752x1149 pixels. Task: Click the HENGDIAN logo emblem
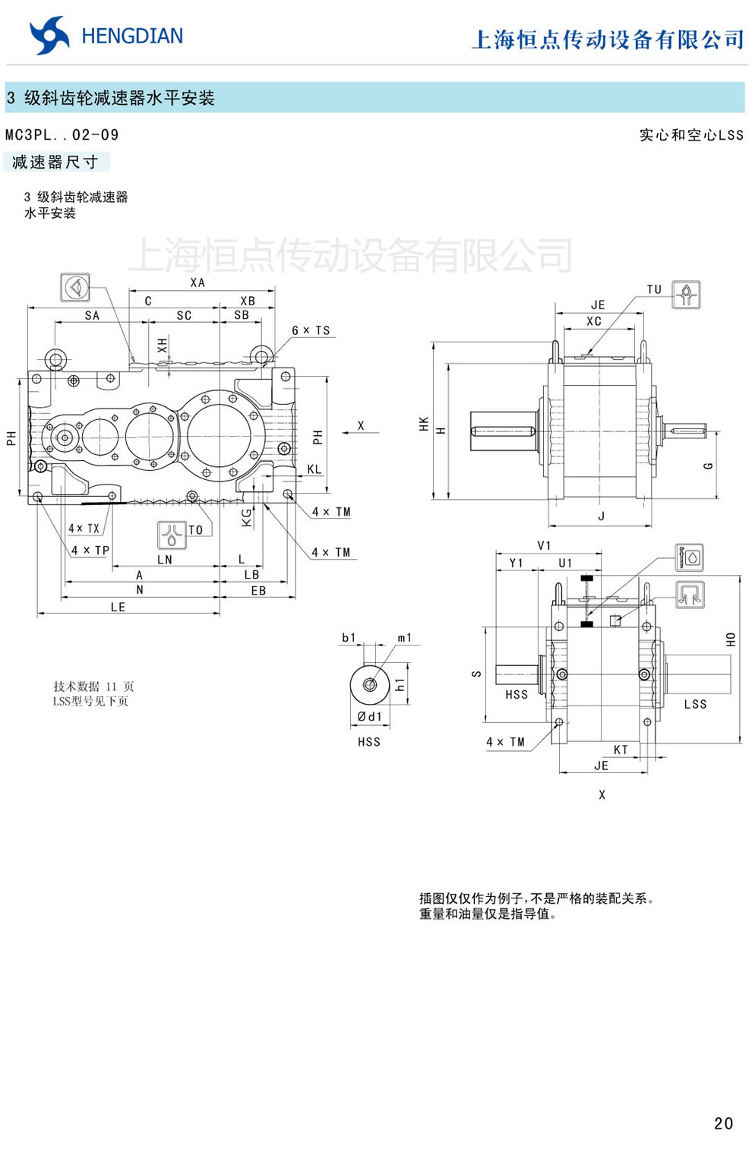[49, 36]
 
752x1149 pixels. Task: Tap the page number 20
[723, 1123]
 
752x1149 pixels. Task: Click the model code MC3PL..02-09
[62, 135]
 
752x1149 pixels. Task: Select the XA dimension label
[197, 283]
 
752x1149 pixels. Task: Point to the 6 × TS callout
[311, 330]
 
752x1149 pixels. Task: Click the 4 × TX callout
[84, 529]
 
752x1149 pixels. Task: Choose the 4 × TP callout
[90, 550]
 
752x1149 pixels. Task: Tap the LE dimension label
[118, 607]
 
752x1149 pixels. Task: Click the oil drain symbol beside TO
[171, 535]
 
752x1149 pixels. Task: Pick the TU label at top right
[654, 289]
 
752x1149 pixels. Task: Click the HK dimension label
[424, 424]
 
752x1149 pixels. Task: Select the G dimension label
[708, 466]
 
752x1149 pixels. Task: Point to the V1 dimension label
[544, 545]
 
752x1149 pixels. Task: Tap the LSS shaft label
[695, 704]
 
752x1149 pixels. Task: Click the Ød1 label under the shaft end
[369, 716]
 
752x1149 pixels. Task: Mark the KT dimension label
[621, 750]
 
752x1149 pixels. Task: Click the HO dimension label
[731, 639]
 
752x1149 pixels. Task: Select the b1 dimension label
[349, 637]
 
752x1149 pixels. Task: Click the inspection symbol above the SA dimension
[74, 288]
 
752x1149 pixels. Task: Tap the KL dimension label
[314, 469]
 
